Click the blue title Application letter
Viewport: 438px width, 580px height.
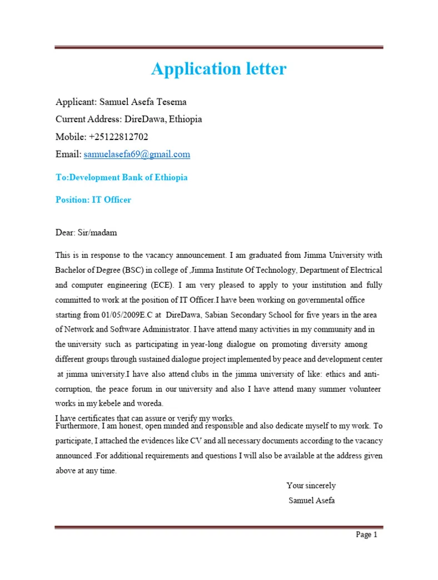coord(218,69)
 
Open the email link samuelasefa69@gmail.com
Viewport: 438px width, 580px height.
coord(137,154)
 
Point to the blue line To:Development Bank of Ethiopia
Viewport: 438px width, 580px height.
coord(121,178)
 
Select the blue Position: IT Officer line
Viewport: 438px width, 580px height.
coord(93,199)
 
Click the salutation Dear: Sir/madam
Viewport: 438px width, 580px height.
coord(86,233)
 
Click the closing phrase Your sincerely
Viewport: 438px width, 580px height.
coord(311,486)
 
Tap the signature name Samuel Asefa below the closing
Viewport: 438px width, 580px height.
coord(311,500)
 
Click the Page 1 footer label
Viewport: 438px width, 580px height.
coord(366,534)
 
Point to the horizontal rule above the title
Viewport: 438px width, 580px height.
coord(218,48)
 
